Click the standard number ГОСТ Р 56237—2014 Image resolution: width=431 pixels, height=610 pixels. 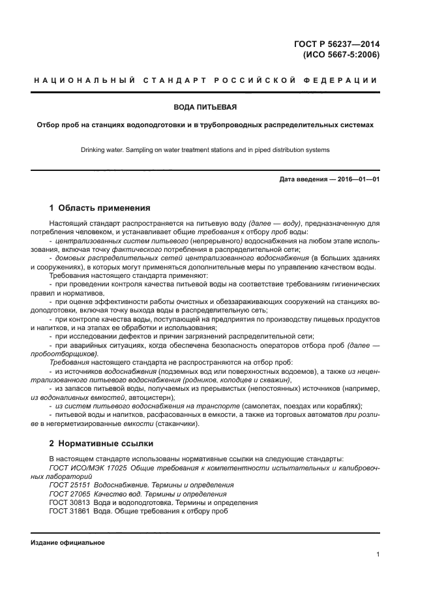tap(339, 44)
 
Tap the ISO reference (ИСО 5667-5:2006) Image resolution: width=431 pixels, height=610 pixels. tap(342, 55)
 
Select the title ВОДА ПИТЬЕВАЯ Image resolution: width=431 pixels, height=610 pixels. tap(205, 106)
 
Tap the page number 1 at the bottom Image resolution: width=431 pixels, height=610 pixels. tap(378, 555)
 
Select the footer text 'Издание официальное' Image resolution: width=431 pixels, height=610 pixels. tap(68, 543)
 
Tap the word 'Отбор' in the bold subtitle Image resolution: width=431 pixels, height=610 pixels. tap(48, 125)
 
